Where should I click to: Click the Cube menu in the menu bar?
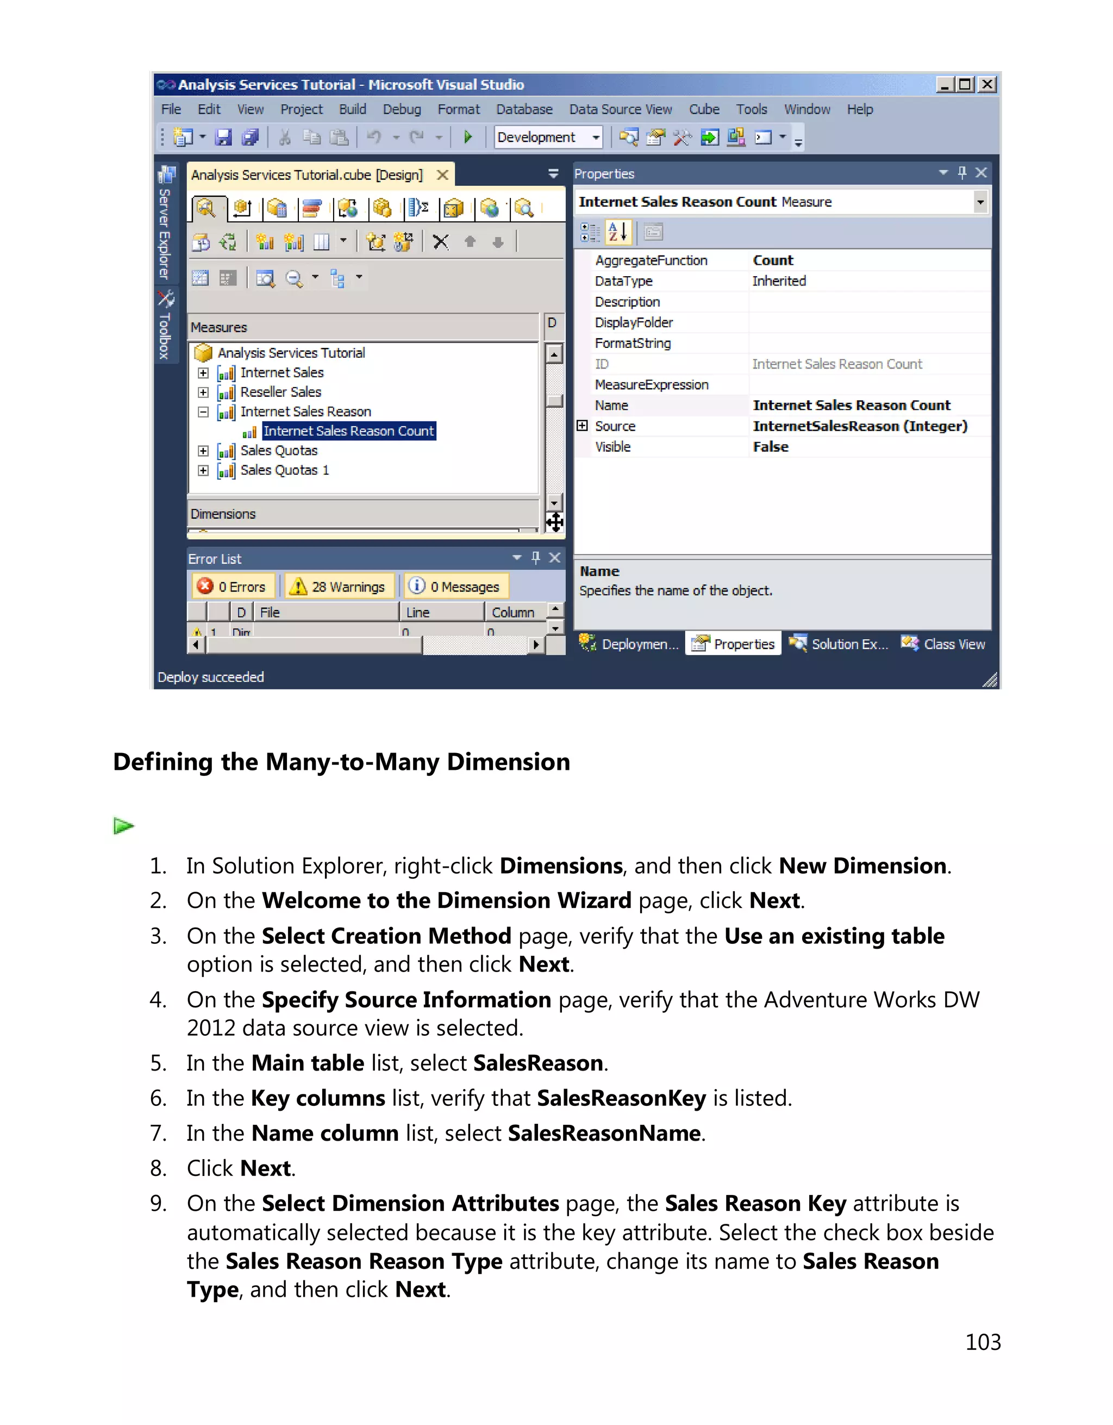point(704,110)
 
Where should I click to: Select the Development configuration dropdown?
point(548,138)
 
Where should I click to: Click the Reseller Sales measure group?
point(280,392)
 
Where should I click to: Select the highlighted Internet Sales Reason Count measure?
point(348,431)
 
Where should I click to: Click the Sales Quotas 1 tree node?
point(284,470)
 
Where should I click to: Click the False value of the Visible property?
point(770,447)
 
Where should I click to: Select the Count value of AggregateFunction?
point(773,260)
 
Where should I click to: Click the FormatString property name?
point(633,343)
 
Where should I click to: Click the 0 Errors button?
point(233,587)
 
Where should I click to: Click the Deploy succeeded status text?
point(211,677)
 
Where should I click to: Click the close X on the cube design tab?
point(442,175)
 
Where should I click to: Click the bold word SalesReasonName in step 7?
point(604,1134)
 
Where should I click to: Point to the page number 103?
point(983,1342)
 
